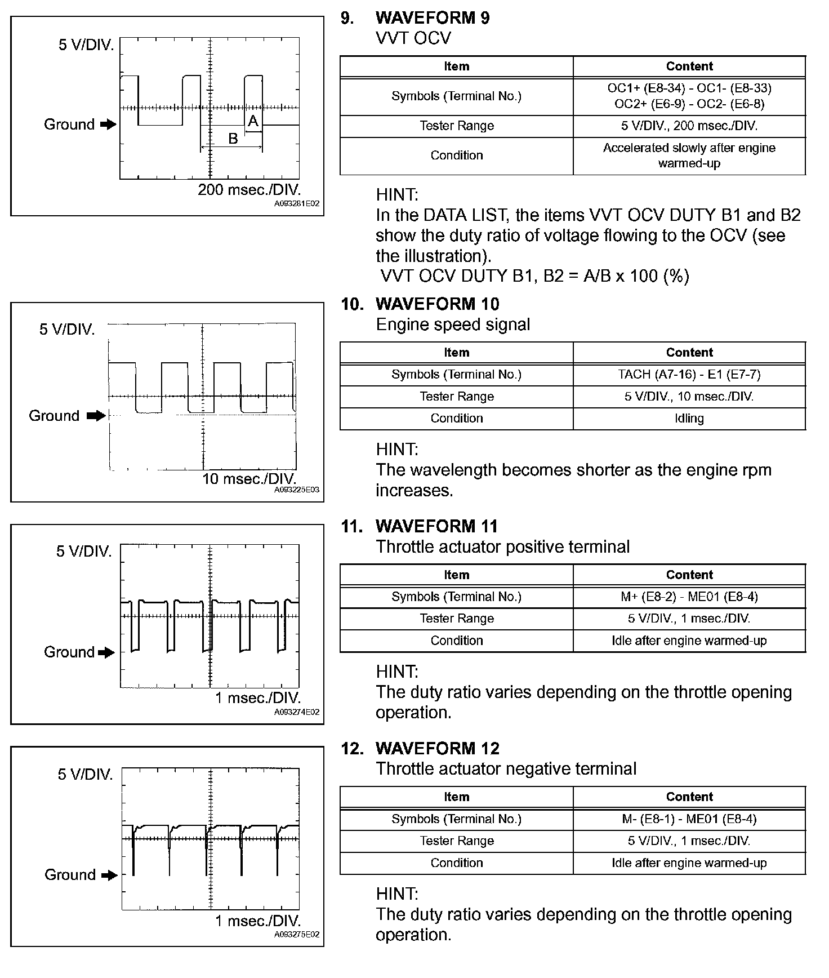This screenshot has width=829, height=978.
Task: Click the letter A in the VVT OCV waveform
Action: pyautogui.click(x=253, y=121)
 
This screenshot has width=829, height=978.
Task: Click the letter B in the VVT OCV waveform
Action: pyautogui.click(x=233, y=139)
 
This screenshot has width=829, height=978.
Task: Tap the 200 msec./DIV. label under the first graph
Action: pyautogui.click(x=249, y=190)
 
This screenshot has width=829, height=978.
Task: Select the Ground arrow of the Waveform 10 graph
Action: pyautogui.click(x=96, y=416)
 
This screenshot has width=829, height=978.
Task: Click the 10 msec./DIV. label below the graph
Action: pyautogui.click(x=249, y=479)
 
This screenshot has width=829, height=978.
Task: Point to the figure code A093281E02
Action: pyautogui.click(x=297, y=204)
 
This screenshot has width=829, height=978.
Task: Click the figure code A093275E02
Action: pyautogui.click(x=297, y=935)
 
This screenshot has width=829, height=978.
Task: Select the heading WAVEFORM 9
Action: pyautogui.click(x=432, y=18)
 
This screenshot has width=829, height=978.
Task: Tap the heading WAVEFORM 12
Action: pyautogui.click(x=437, y=749)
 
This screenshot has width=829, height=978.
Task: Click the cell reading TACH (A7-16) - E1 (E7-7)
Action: pyautogui.click(x=689, y=375)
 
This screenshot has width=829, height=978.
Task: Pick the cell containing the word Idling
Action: pyautogui.click(x=689, y=419)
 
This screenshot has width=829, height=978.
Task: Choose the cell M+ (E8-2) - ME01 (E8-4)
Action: pyautogui.click(x=689, y=597)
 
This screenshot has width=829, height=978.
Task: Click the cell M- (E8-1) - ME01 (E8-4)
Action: pyautogui.click(x=689, y=819)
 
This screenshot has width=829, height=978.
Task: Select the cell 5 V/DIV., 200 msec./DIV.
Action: pyautogui.click(x=689, y=126)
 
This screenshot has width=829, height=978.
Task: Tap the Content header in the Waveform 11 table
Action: pyautogui.click(x=689, y=575)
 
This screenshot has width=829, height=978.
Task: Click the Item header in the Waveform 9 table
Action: pyautogui.click(x=456, y=66)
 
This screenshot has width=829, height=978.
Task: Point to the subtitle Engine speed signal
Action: pyautogui.click(x=453, y=325)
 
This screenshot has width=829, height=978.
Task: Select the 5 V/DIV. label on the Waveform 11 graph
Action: pyautogui.click(x=84, y=552)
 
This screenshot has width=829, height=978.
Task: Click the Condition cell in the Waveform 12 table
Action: pyautogui.click(x=456, y=863)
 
